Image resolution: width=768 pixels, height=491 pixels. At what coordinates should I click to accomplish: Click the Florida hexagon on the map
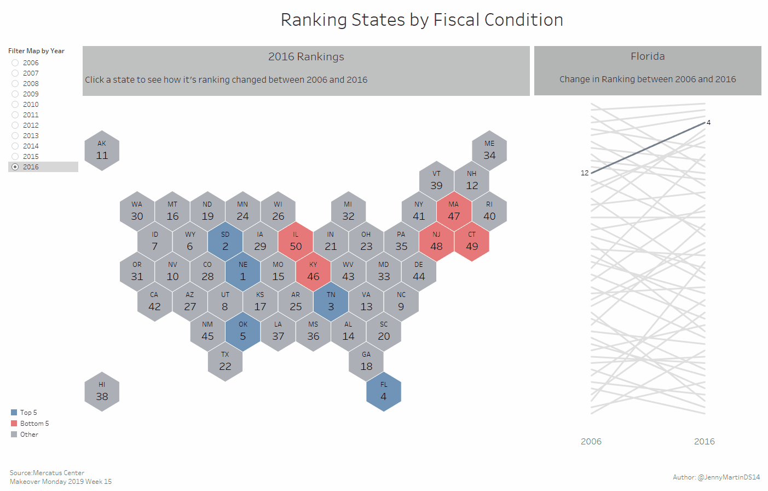tap(384, 391)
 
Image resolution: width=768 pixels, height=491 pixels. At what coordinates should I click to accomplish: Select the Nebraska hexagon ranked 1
tap(243, 271)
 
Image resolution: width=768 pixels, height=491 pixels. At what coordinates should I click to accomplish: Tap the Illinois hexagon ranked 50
tap(296, 241)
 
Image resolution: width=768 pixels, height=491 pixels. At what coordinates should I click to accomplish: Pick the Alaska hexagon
tap(102, 150)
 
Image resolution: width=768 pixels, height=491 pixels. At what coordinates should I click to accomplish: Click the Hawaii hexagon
tap(102, 391)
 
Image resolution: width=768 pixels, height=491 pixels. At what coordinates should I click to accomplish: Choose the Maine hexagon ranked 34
tap(489, 150)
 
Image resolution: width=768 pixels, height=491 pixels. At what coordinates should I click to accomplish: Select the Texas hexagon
tap(225, 361)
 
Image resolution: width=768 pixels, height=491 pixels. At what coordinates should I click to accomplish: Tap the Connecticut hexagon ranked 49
tap(472, 241)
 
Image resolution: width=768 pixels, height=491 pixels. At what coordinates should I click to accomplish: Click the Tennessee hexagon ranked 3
tap(331, 301)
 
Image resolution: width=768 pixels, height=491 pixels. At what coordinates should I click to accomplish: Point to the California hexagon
tap(154, 301)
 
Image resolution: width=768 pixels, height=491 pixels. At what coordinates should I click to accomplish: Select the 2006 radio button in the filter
tap(15, 63)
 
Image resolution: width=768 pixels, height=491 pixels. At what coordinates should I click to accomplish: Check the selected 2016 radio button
tap(15, 167)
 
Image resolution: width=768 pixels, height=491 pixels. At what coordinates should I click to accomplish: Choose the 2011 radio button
tap(15, 115)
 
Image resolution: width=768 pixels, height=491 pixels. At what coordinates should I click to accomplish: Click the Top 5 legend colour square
tap(14, 413)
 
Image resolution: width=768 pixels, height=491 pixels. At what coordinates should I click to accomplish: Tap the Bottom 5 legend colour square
tap(14, 424)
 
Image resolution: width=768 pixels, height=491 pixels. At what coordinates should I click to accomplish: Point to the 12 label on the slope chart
tap(585, 173)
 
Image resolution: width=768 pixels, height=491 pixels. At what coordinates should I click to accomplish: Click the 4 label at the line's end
tap(708, 122)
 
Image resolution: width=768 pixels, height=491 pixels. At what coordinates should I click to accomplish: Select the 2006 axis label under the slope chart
tap(591, 442)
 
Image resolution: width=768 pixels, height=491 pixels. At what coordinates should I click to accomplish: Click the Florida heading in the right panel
tap(648, 56)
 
